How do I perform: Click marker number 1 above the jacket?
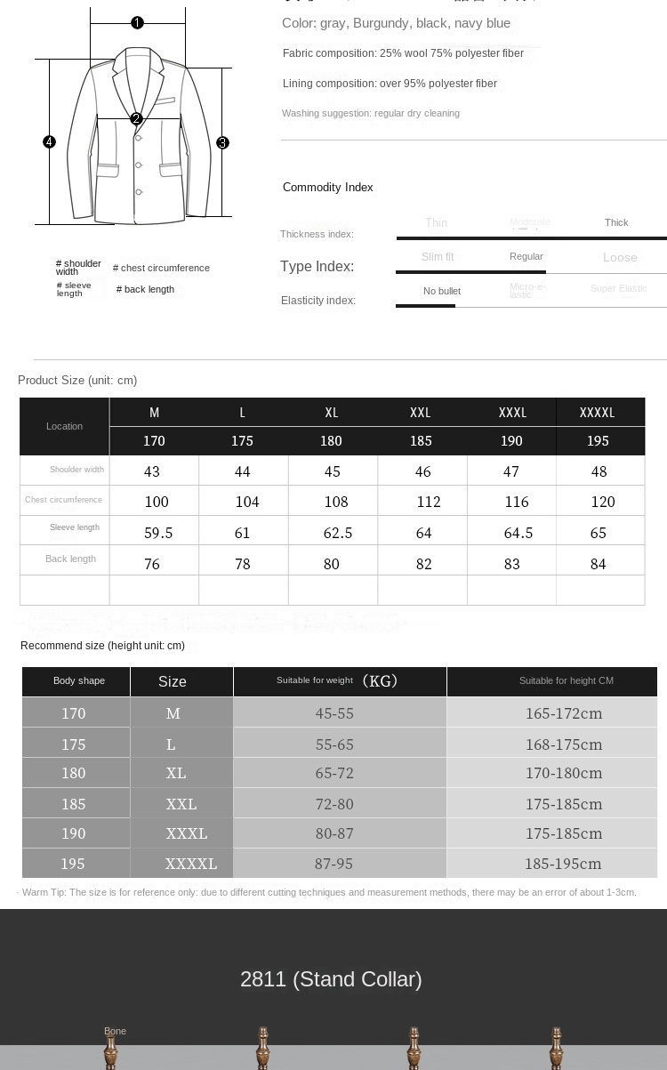137,22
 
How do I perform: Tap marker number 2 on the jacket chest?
136,118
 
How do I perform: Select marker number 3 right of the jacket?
222,142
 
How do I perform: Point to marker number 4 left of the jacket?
50,141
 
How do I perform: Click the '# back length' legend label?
145,289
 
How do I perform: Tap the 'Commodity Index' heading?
327,187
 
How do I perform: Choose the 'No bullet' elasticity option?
441,291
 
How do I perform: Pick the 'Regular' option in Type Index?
526,256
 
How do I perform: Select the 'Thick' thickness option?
616,222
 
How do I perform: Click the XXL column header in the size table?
421,413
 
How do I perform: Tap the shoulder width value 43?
152,471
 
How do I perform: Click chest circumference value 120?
602,502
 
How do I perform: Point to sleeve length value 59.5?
158,533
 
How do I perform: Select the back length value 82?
423,564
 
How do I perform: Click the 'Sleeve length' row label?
75,527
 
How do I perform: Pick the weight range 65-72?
334,773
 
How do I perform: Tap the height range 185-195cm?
563,864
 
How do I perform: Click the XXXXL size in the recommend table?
190,864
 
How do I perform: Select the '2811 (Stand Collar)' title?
331,979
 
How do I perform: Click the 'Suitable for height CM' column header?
566,680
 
